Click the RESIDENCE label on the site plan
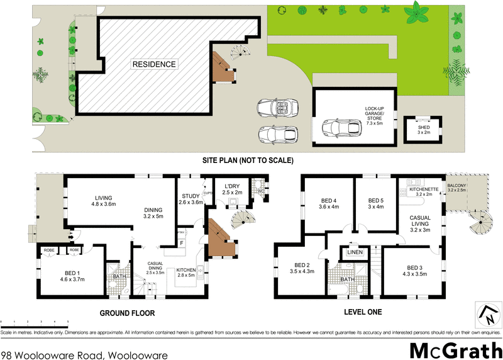(154, 64)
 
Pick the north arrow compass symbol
(485, 313)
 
